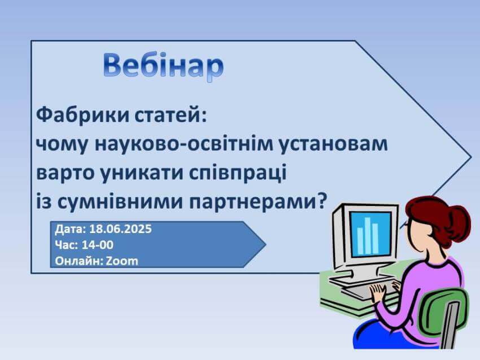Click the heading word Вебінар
click(163, 67)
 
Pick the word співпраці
click(238, 173)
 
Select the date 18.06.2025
click(120, 229)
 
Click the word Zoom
click(122, 261)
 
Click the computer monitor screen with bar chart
click(370, 235)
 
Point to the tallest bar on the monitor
click(367, 235)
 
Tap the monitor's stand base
click(361, 279)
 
